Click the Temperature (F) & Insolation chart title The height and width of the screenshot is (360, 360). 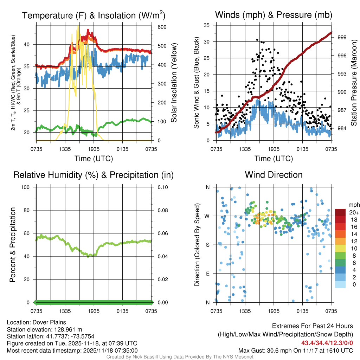click(x=94, y=15)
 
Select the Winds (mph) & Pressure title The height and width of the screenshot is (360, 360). click(x=274, y=15)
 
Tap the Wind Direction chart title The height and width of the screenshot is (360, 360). click(x=274, y=175)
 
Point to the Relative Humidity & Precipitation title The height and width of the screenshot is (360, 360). click(x=94, y=175)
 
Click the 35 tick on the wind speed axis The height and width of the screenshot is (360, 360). click(x=207, y=25)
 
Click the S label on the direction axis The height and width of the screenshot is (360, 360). click(x=207, y=245)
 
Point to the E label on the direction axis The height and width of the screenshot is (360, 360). click(x=207, y=274)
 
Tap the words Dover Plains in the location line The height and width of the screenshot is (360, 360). click(x=49, y=322)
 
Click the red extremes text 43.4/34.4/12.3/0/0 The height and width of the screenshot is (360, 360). click(x=327, y=343)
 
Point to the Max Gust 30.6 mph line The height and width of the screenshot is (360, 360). click(x=296, y=351)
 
